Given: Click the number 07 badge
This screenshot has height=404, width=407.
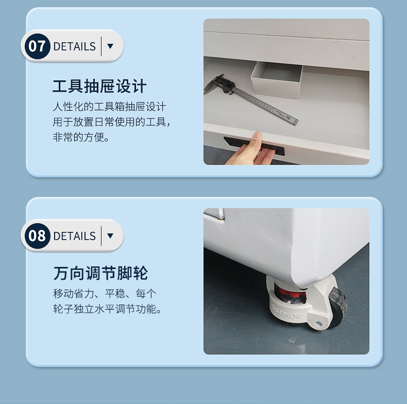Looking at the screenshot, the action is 38,46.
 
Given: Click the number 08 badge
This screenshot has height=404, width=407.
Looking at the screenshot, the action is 38,236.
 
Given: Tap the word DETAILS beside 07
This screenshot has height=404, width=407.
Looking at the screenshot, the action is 75,46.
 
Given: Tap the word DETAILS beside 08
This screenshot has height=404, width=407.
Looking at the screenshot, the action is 75,236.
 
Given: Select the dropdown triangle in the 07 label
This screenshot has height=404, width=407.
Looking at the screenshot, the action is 110,46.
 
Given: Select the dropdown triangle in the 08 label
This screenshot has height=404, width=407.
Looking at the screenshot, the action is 110,236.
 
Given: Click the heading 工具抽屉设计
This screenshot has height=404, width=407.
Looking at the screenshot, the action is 99,86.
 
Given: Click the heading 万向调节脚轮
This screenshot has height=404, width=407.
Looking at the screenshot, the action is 100,273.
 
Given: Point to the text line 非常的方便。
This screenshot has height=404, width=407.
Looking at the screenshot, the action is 81,137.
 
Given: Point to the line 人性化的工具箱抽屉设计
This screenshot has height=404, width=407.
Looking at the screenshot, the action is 109,107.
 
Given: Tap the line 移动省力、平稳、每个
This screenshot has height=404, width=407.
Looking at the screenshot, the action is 105,294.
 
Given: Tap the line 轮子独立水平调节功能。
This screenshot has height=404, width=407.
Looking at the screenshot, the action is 108,309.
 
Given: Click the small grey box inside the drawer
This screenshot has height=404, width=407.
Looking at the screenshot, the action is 276,80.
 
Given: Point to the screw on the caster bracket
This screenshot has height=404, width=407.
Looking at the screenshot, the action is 319,324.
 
